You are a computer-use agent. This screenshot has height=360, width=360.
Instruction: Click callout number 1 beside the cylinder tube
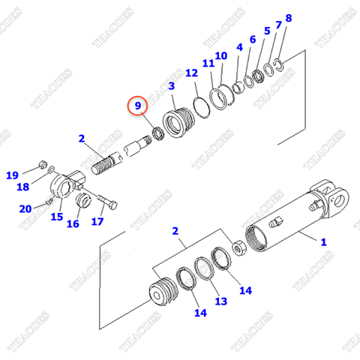click(x=324, y=241)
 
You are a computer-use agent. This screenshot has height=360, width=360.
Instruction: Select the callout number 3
click(x=171, y=87)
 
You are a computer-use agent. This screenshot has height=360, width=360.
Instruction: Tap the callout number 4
click(x=239, y=48)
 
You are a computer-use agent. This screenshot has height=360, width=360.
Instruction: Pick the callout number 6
click(x=252, y=39)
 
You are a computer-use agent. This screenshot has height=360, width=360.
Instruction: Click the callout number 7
click(x=278, y=25)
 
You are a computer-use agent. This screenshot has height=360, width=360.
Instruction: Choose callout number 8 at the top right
click(x=289, y=17)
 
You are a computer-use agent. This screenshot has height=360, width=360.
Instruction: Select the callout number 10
click(x=220, y=55)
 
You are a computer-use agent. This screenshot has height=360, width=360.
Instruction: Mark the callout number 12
click(x=191, y=73)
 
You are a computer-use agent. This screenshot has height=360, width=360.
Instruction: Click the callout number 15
click(x=56, y=217)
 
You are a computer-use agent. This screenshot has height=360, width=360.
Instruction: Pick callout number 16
click(x=73, y=223)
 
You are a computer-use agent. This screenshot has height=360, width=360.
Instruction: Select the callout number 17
click(x=97, y=221)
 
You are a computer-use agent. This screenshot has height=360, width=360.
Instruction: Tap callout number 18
click(x=23, y=187)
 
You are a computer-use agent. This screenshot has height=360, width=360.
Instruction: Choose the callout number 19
click(x=13, y=175)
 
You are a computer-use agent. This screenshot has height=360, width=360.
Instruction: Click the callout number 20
click(x=25, y=208)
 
